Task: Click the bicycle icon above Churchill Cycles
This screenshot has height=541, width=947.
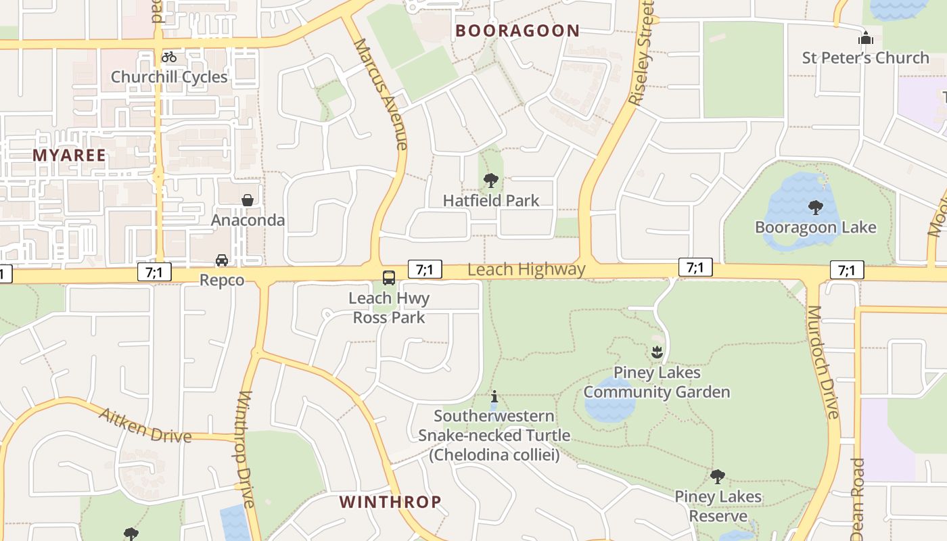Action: pyautogui.click(x=169, y=57)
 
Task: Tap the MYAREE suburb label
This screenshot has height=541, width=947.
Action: pyautogui.click(x=70, y=155)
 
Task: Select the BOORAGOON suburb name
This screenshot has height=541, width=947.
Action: pyautogui.click(x=517, y=30)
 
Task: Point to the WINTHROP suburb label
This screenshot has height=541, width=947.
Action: pyautogui.click(x=390, y=502)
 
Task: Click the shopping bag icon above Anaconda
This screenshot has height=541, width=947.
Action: pyautogui.click(x=248, y=200)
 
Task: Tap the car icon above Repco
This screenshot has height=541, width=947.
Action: pyautogui.click(x=222, y=260)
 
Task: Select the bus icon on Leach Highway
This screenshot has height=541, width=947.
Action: pyautogui.click(x=389, y=277)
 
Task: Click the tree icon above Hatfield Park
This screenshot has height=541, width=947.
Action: pyautogui.click(x=491, y=181)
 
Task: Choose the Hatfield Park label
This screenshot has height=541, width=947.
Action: pyautogui.click(x=491, y=200)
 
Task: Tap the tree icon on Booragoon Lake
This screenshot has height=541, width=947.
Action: pyautogui.click(x=816, y=207)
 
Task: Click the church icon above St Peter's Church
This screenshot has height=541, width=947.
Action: pyautogui.click(x=866, y=39)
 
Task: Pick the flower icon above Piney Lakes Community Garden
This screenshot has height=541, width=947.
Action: pyautogui.click(x=656, y=352)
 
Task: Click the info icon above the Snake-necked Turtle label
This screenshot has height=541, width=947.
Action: pyautogui.click(x=494, y=396)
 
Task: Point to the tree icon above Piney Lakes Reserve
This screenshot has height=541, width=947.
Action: pyautogui.click(x=718, y=477)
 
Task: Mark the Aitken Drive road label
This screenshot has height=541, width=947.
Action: pyautogui.click(x=145, y=425)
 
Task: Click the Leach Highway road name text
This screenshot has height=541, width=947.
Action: pyautogui.click(x=526, y=269)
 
